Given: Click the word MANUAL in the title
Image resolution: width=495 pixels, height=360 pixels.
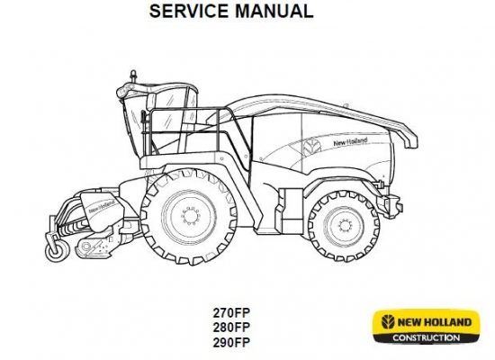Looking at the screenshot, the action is (274, 11).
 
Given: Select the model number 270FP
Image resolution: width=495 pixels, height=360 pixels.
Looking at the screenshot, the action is (231, 313).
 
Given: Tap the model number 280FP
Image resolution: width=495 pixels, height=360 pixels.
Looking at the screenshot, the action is (231, 328).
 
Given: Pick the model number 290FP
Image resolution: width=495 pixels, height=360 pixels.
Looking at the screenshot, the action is (231, 342).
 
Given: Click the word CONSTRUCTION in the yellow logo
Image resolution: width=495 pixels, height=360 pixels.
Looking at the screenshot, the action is (427, 337).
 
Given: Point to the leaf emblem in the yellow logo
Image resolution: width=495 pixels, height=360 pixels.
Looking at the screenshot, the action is (388, 322).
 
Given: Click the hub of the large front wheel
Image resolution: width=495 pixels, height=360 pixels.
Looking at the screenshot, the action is (191, 216).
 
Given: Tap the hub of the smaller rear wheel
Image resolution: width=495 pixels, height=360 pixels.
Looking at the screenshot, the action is (345, 226).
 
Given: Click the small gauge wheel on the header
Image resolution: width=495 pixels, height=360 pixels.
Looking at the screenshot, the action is (57, 250).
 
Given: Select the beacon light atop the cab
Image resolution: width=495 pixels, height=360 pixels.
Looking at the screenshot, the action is (133, 76).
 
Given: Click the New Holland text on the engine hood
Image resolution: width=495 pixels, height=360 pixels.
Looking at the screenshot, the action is (350, 141).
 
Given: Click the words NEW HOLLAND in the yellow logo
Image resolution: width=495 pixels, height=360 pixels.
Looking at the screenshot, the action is (434, 322).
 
